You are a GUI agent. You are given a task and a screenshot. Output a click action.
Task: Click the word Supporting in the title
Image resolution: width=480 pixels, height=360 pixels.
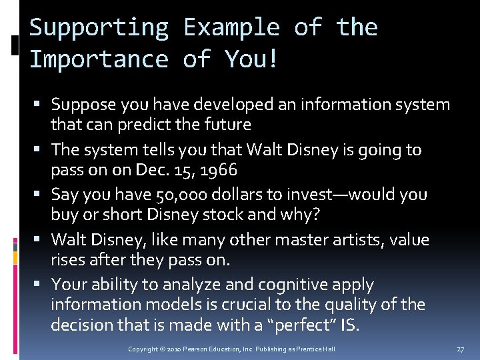pos(99,27)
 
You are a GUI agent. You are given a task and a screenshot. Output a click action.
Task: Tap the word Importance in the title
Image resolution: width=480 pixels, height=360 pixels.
pos(99,59)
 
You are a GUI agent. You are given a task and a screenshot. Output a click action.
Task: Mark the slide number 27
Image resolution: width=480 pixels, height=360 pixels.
pos(461,349)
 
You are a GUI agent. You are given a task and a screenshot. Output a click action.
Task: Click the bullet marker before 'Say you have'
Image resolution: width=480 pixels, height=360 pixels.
pos(42,195)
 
